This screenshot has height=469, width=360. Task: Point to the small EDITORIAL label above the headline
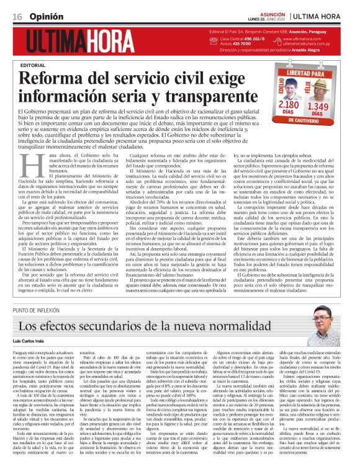click(50, 65)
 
